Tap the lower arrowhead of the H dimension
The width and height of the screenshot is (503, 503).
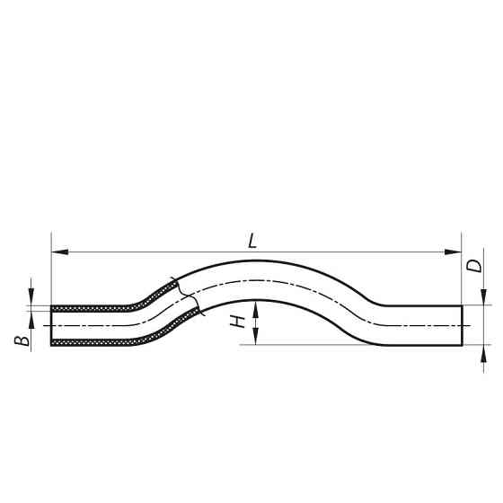[x=257, y=339]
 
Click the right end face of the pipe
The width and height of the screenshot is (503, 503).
[x=463, y=324]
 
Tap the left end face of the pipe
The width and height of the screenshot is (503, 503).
[x=51, y=324]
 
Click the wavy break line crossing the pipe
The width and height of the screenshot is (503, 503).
[x=188, y=296]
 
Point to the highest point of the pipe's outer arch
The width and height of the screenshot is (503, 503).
[x=260, y=260]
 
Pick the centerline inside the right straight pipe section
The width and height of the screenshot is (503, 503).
[x=422, y=324]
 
